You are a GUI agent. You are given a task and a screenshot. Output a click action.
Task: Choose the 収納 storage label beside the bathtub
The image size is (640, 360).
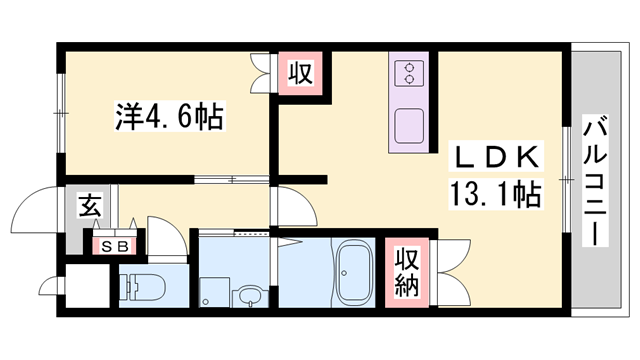[404, 269]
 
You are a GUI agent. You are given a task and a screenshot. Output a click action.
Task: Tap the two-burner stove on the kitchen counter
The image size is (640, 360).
[409, 73]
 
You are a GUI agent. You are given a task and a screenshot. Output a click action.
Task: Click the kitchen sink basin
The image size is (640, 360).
[409, 125]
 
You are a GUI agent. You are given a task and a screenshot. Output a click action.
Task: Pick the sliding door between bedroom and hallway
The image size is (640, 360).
[231, 181]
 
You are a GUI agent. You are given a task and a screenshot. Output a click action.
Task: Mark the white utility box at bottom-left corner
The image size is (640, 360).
[81, 285]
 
